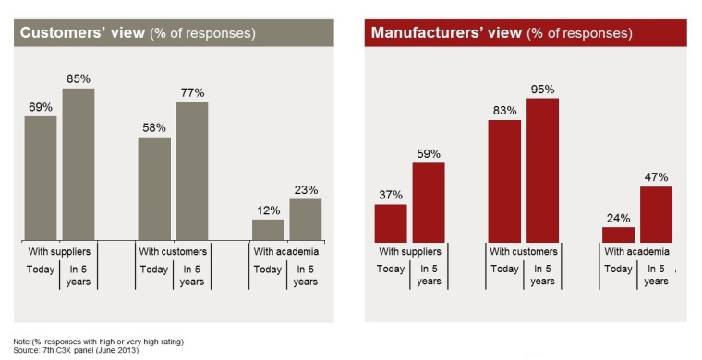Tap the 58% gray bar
[x=154, y=189]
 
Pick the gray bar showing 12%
[x=268, y=230]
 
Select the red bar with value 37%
[x=391, y=222]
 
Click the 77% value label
[x=192, y=92]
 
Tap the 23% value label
[x=306, y=189]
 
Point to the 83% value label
[x=504, y=110]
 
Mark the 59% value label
[x=429, y=153]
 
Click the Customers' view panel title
[x=138, y=33]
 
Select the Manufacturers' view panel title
[x=502, y=33]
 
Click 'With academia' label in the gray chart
[x=286, y=251]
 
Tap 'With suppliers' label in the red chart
[x=409, y=251]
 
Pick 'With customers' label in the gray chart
[x=173, y=251]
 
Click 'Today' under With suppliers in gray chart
[x=40, y=270]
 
